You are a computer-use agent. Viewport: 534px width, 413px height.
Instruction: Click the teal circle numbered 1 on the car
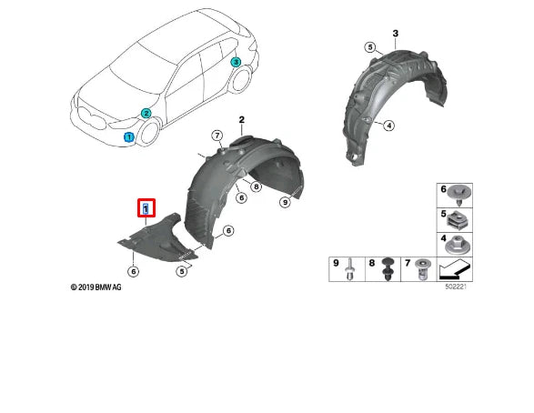point(128,137)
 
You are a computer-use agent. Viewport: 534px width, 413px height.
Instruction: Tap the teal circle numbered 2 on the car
point(145,114)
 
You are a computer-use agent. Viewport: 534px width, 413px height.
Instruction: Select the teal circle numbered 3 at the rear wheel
point(235,63)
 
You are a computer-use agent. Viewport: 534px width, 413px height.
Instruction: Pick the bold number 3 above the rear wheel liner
point(395,34)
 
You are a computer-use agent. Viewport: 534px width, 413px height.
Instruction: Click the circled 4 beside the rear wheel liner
point(389,126)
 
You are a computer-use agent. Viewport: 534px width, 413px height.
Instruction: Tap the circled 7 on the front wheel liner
point(217,136)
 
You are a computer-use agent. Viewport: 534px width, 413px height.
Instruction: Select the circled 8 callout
point(257,187)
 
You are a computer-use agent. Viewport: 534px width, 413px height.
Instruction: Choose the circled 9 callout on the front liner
point(285,202)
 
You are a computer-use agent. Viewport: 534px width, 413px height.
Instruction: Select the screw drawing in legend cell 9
point(349,270)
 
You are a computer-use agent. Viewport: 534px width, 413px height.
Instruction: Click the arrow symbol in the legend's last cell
point(454,270)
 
